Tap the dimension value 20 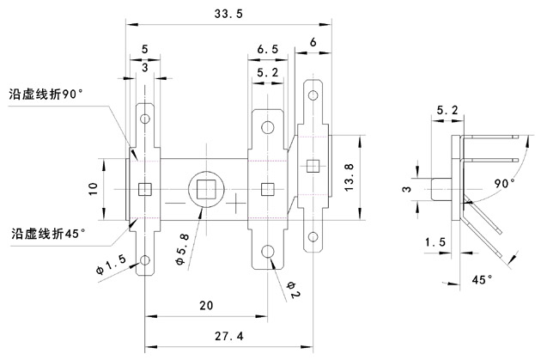[x=206, y=306]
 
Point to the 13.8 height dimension [x=347, y=173]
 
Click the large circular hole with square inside [x=206, y=187]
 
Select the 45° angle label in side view [x=483, y=280]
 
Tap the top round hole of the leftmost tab [x=145, y=119]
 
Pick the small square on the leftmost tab [x=145, y=188]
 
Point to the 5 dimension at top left [x=143, y=49]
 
